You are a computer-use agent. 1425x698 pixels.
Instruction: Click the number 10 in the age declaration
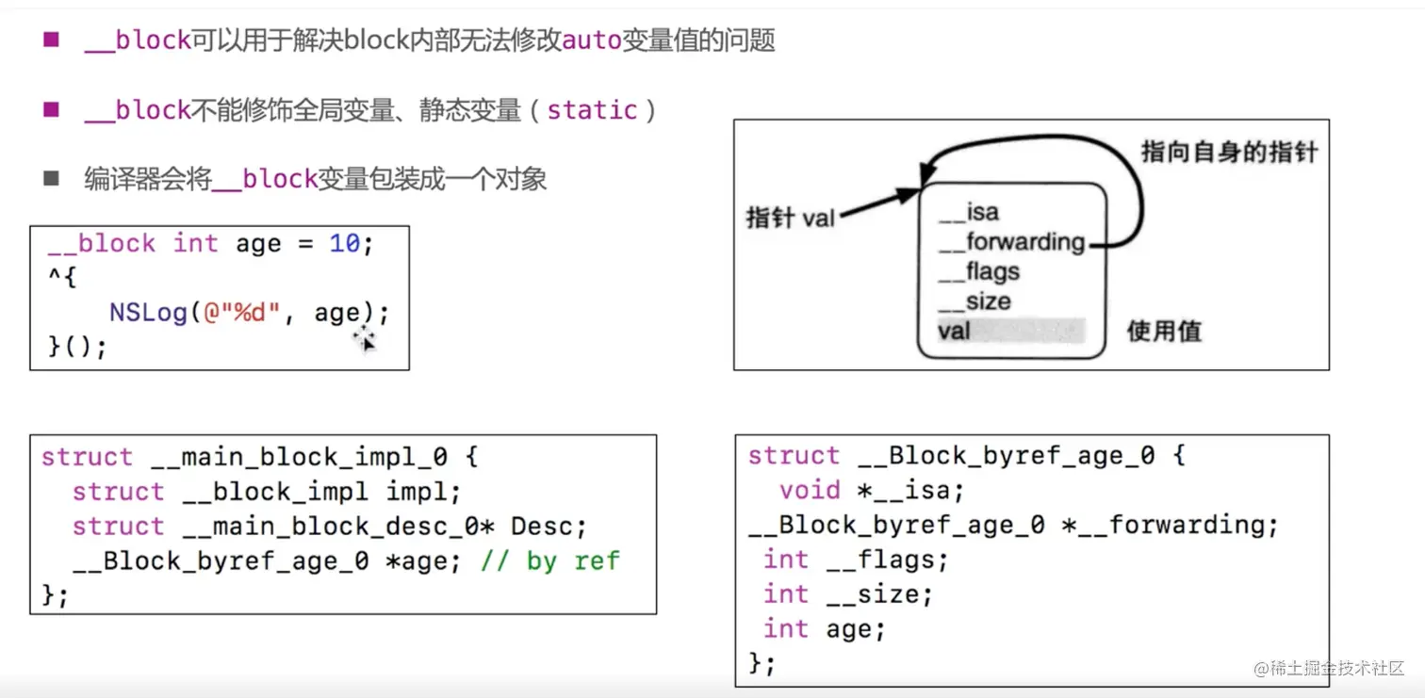(344, 244)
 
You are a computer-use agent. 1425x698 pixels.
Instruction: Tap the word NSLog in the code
(148, 313)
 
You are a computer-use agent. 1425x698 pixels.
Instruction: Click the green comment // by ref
(549, 561)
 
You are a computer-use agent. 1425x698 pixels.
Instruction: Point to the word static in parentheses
(592, 110)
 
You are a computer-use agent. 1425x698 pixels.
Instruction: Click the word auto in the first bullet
(592, 41)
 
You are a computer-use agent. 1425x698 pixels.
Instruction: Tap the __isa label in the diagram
(969, 213)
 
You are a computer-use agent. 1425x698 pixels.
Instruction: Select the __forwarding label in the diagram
(1012, 243)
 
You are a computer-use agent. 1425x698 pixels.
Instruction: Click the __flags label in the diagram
(979, 272)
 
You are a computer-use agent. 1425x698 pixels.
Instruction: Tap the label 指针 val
(791, 218)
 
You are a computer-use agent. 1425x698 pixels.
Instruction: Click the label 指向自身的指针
(1229, 152)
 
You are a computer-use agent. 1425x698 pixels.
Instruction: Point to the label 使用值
(1164, 332)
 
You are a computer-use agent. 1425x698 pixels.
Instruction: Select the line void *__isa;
(872, 491)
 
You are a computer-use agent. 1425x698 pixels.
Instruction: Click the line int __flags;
(856, 560)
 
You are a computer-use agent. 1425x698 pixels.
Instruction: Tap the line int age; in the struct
(825, 629)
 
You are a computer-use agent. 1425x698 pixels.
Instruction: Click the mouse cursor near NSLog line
(365, 340)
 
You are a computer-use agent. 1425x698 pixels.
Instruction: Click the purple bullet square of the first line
(51, 40)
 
